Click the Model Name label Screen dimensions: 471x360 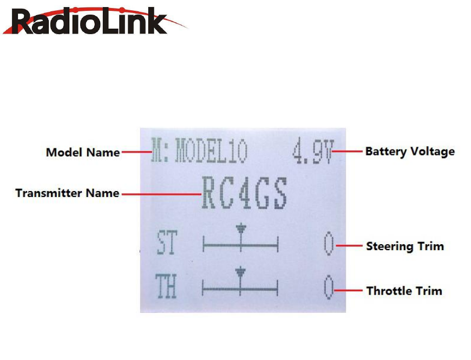click(83, 153)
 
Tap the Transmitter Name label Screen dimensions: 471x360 click(67, 193)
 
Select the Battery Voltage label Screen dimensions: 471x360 click(410, 151)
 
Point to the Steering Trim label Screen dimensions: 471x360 click(404, 246)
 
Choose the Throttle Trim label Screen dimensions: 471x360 click(404, 291)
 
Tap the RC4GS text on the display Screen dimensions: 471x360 click(244, 193)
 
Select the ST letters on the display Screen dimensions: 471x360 click(166, 244)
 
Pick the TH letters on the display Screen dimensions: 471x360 click(166, 287)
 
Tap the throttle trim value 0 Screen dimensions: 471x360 click(328, 287)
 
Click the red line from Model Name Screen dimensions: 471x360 click(135, 153)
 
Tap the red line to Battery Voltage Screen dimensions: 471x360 click(346, 151)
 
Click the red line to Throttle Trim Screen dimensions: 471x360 click(348, 291)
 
